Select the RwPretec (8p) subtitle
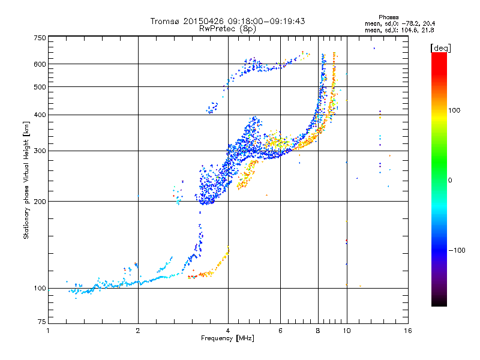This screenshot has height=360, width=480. coord(227,29)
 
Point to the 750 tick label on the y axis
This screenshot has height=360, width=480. coord(40,38)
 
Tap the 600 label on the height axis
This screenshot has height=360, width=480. coord(40,64)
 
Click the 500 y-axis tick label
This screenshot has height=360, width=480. coord(40,87)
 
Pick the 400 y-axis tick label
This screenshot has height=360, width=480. coord(40,115)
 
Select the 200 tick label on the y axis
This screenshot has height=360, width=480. coord(40,202)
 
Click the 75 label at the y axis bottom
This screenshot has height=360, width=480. coord(42,322)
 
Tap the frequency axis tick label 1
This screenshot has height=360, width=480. coord(48,331)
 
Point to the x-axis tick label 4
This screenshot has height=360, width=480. coord(228,331)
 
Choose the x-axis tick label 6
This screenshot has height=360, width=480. coord(280,331)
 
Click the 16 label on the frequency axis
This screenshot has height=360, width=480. coord(408,331)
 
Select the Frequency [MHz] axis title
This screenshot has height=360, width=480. coord(227,338)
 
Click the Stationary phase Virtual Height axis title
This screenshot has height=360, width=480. coord(26,181)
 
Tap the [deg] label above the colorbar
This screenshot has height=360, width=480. coord(440,48)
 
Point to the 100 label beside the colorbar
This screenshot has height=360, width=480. coord(454,110)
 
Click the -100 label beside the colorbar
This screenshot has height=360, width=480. coord(457,250)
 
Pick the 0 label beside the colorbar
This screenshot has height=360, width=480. coord(450,181)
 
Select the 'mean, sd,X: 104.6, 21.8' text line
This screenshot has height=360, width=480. coord(400,31)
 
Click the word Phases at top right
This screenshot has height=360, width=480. coord(388,17)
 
